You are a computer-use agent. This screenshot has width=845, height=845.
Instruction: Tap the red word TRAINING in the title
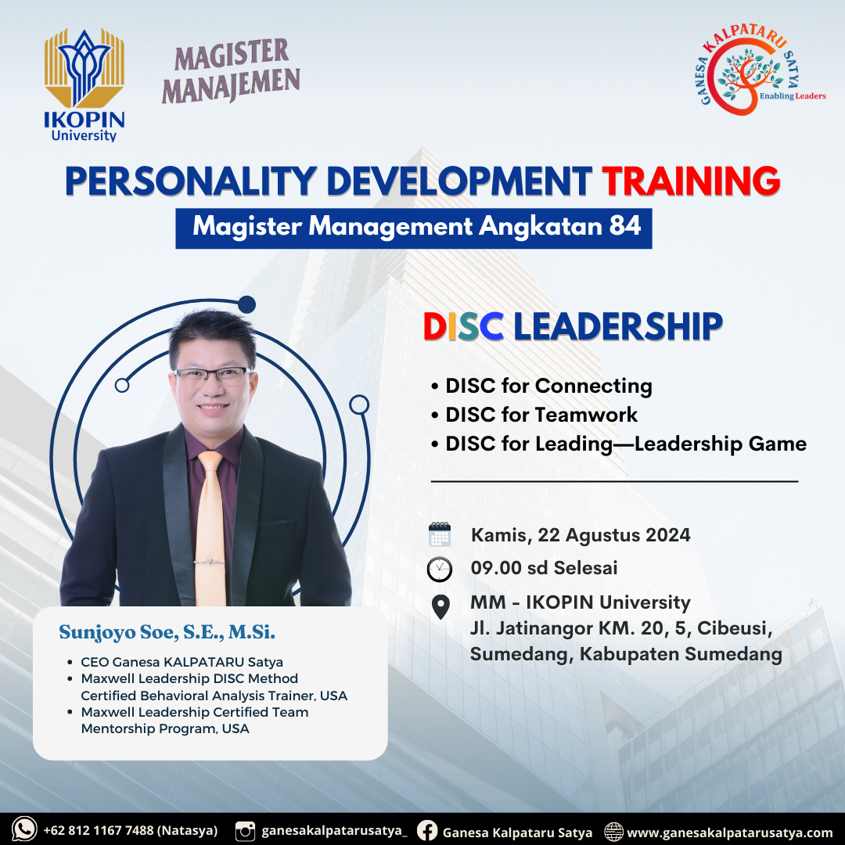point(691,181)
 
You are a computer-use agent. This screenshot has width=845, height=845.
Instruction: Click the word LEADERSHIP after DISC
point(617,327)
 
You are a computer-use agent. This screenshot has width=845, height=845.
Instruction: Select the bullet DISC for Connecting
point(548,386)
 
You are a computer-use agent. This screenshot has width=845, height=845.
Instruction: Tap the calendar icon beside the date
point(440,534)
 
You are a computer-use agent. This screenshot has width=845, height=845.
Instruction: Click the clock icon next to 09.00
point(440,569)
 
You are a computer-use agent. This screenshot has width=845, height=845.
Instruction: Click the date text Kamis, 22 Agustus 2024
point(581,535)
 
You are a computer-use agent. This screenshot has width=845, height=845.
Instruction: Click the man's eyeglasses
point(211,375)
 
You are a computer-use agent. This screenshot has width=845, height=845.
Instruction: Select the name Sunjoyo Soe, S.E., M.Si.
point(167,631)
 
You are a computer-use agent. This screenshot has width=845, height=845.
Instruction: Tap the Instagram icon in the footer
point(246,831)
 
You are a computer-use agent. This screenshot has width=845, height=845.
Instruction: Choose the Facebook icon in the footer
point(427,831)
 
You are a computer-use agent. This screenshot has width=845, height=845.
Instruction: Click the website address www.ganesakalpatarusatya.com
point(729,832)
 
